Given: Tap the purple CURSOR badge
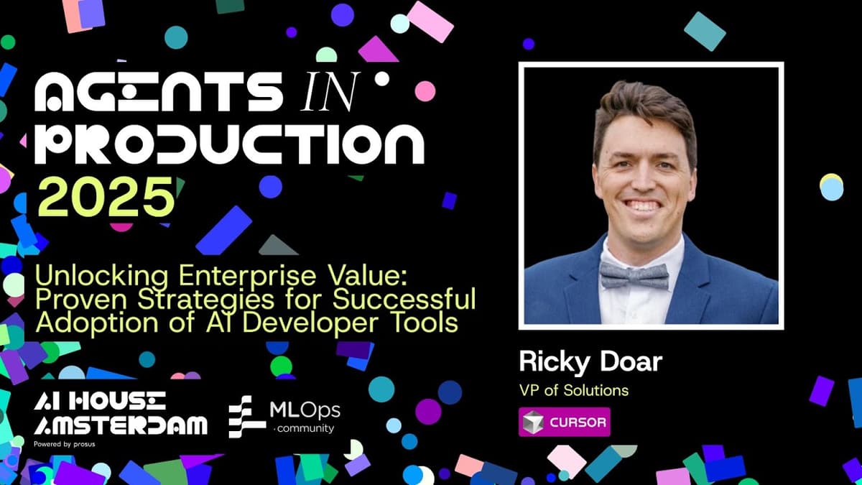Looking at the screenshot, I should [564, 422].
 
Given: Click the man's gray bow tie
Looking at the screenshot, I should [634, 274].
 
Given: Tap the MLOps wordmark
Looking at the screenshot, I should [304, 411].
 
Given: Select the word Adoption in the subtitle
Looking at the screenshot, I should [80, 323].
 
